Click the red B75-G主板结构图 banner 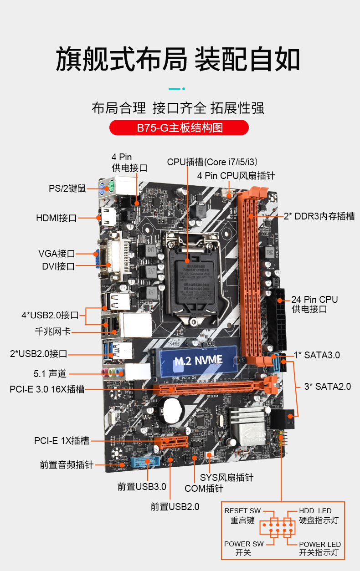point(179,127)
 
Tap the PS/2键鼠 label point(67,189)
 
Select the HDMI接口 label point(56,218)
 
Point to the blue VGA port point(97,260)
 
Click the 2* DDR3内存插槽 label point(319,217)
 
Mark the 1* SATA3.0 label point(317,355)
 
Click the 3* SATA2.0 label point(328,387)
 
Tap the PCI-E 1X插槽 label point(62,441)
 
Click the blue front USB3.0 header point(141,463)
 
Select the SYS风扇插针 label point(226,478)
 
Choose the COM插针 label point(204,489)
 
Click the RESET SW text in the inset point(242,511)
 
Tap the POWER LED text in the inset point(320,545)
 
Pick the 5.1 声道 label point(50,374)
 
